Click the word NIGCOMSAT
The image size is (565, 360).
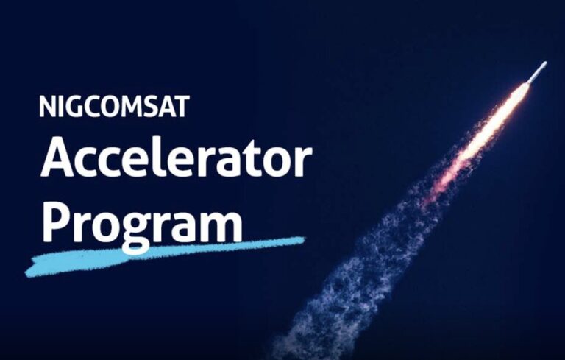[x=114, y=107]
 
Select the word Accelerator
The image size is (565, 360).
[x=176, y=158]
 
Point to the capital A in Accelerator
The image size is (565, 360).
[x=59, y=158]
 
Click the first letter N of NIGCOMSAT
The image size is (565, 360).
[x=48, y=107]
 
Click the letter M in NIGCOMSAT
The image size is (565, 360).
[x=129, y=107]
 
